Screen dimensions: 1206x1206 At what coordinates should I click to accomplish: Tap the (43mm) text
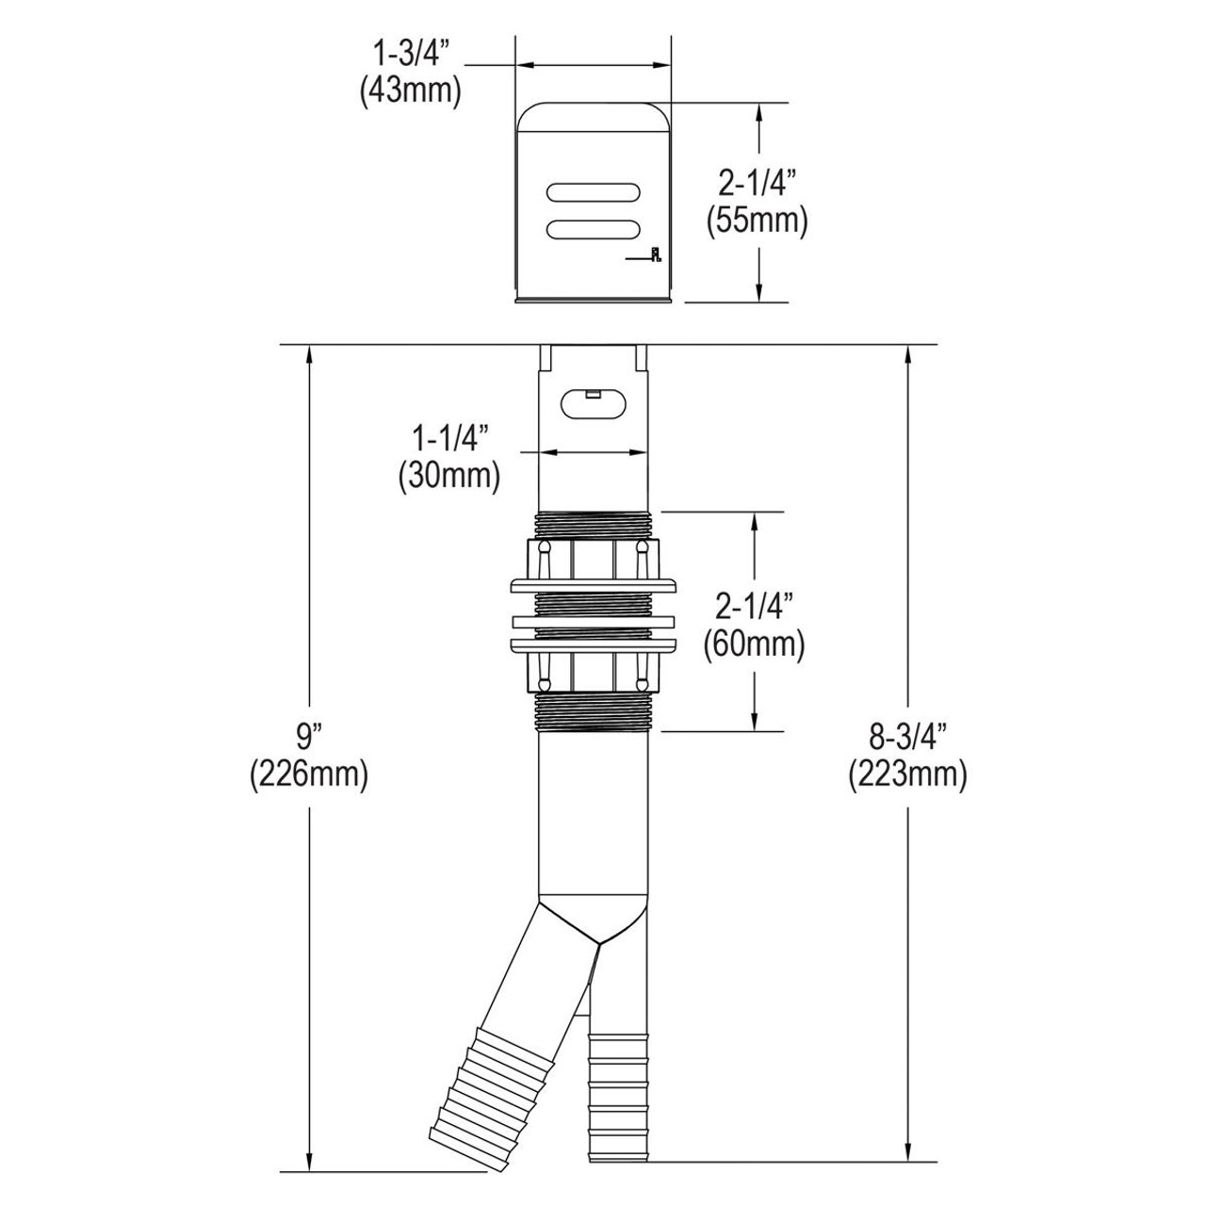[x=409, y=92]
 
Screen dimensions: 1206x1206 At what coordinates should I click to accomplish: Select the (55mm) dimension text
[x=757, y=221]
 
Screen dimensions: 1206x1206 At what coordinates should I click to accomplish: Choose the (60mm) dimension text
[x=755, y=644]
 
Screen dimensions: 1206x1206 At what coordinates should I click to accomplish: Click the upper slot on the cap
[x=595, y=191]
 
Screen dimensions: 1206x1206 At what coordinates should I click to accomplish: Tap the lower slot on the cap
[x=595, y=229]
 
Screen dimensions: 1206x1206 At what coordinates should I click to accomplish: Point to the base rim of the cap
[x=593, y=300]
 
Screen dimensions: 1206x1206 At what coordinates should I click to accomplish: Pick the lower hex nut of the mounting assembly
[x=593, y=675]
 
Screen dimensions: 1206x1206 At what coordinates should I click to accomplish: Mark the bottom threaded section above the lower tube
[x=593, y=717]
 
